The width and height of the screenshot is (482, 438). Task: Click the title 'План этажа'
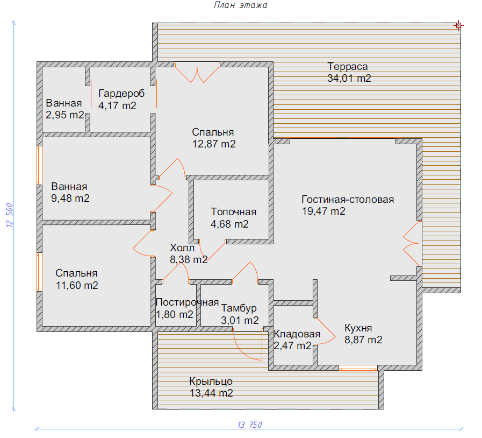coord(240,5)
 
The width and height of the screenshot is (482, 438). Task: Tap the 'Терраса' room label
coord(347,67)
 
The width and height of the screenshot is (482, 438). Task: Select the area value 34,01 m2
coord(349,78)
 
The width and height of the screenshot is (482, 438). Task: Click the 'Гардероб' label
coord(121,94)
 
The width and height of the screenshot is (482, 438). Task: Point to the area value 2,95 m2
coord(65,115)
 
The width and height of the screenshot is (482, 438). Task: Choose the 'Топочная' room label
coord(233,212)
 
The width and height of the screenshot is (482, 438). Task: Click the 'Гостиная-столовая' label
coord(348,200)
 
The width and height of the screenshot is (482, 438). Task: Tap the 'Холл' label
coord(182,248)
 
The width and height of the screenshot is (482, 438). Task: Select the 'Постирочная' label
coord(187,302)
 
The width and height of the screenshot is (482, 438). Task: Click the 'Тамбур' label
coord(239,308)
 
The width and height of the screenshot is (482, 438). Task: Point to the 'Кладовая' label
coord(297,334)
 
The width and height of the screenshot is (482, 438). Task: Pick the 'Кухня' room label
coord(358,328)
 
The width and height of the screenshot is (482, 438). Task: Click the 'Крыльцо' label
coord(211,382)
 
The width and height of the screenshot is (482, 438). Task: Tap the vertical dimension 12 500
coord(10,215)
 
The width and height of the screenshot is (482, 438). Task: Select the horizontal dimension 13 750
coord(250,425)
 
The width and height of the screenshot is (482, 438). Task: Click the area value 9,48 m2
coord(70,198)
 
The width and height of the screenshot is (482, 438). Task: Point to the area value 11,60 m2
coord(77,285)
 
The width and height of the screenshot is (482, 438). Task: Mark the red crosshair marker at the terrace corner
coord(458,25)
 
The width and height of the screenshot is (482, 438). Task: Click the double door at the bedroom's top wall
coord(197,72)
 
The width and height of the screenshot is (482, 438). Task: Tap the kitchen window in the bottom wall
coord(358,368)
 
